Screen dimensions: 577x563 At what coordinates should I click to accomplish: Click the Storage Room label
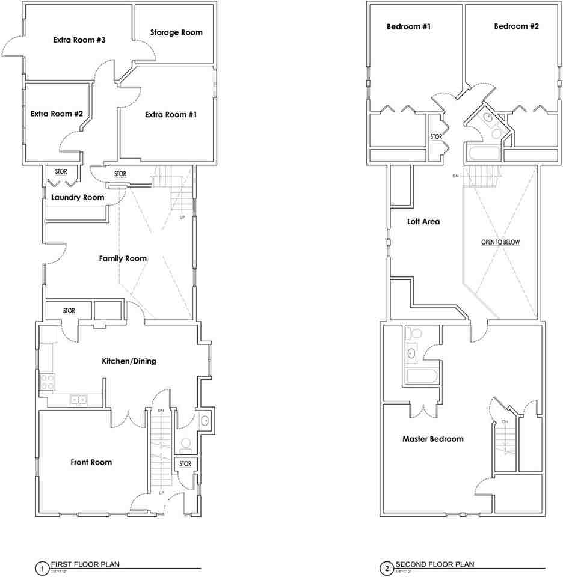pyautogui.click(x=176, y=32)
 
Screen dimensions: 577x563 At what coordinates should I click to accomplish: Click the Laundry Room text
pyautogui.click(x=78, y=197)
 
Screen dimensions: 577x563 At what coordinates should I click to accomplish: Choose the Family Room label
pyautogui.click(x=123, y=258)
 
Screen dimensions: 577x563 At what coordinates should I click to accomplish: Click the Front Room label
pyautogui.click(x=91, y=462)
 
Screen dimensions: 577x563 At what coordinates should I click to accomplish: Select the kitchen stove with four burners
pyautogui.click(x=47, y=382)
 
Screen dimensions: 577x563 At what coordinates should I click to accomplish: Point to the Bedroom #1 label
pyautogui.click(x=408, y=26)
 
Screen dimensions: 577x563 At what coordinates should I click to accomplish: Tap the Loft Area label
pyautogui.click(x=423, y=221)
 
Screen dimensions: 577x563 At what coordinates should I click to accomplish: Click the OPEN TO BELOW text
pyautogui.click(x=500, y=242)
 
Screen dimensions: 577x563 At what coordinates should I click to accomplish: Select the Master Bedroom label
pyautogui.click(x=432, y=439)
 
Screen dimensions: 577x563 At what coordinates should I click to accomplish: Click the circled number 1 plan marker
pyautogui.click(x=42, y=567)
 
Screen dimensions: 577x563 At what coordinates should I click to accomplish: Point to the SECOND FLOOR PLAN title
pyautogui.click(x=434, y=564)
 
